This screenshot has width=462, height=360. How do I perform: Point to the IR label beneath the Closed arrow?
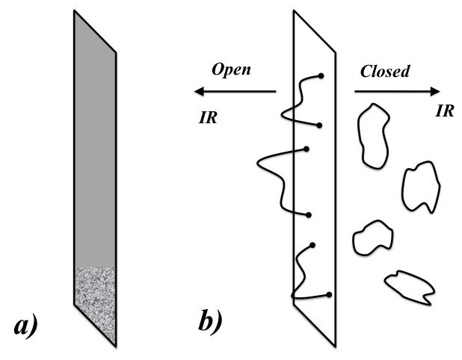pyautogui.click(x=445, y=111)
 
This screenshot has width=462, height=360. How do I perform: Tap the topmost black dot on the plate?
pyautogui.click(x=321, y=75)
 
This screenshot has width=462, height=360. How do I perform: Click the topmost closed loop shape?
pyautogui.click(x=371, y=134)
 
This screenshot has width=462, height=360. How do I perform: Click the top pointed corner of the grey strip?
pyautogui.click(x=75, y=13)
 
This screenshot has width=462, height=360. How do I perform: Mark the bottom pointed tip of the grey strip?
pyautogui.click(x=114, y=344)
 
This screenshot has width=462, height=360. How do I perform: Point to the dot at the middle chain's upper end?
pyautogui.click(x=307, y=149)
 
